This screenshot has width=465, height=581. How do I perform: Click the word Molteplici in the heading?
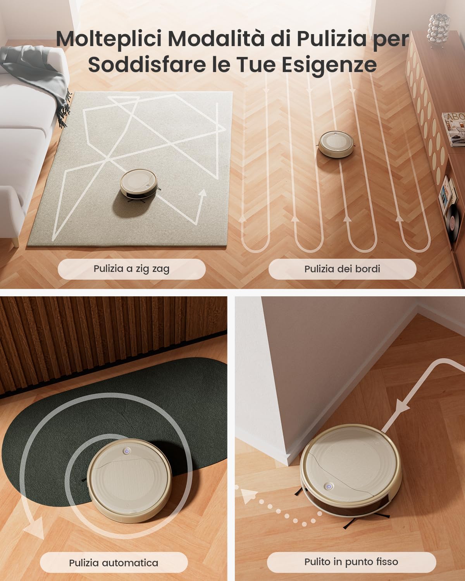tap(108, 39)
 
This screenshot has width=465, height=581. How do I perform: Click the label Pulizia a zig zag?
tap(131, 269)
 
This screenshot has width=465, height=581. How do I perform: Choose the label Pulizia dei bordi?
tap(342, 269)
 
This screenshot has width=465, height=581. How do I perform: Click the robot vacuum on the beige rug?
tap(139, 184)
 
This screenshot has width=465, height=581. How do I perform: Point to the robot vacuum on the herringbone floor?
tap(336, 144)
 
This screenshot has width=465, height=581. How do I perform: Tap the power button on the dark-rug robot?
tap(126, 451)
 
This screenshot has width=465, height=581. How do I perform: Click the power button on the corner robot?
tap(328, 487)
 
